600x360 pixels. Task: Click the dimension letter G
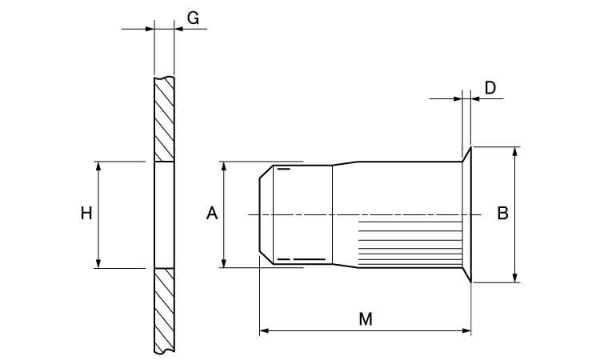[194, 18]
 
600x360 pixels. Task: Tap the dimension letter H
[86, 213]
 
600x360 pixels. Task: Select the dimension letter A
[212, 213]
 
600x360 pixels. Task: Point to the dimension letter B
[502, 213]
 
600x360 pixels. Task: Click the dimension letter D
[490, 88]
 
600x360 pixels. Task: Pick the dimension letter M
[366, 319]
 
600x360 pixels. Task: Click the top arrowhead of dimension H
[98, 166]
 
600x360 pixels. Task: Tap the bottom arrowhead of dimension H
[98, 263]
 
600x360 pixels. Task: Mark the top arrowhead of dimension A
[224, 166]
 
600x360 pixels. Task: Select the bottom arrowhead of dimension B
[515, 278]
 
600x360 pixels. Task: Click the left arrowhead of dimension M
[264, 330]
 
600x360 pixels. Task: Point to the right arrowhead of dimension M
[466, 330]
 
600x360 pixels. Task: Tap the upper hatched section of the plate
[164, 119]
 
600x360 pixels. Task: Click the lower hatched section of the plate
[164, 310]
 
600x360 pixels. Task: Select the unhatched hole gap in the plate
[164, 214]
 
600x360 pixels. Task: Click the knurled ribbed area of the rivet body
[410, 243]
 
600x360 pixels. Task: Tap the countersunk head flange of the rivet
[467, 214]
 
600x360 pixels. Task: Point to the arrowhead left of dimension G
[150, 29]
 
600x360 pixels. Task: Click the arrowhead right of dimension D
[476, 98]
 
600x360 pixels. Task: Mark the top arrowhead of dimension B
[515, 151]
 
